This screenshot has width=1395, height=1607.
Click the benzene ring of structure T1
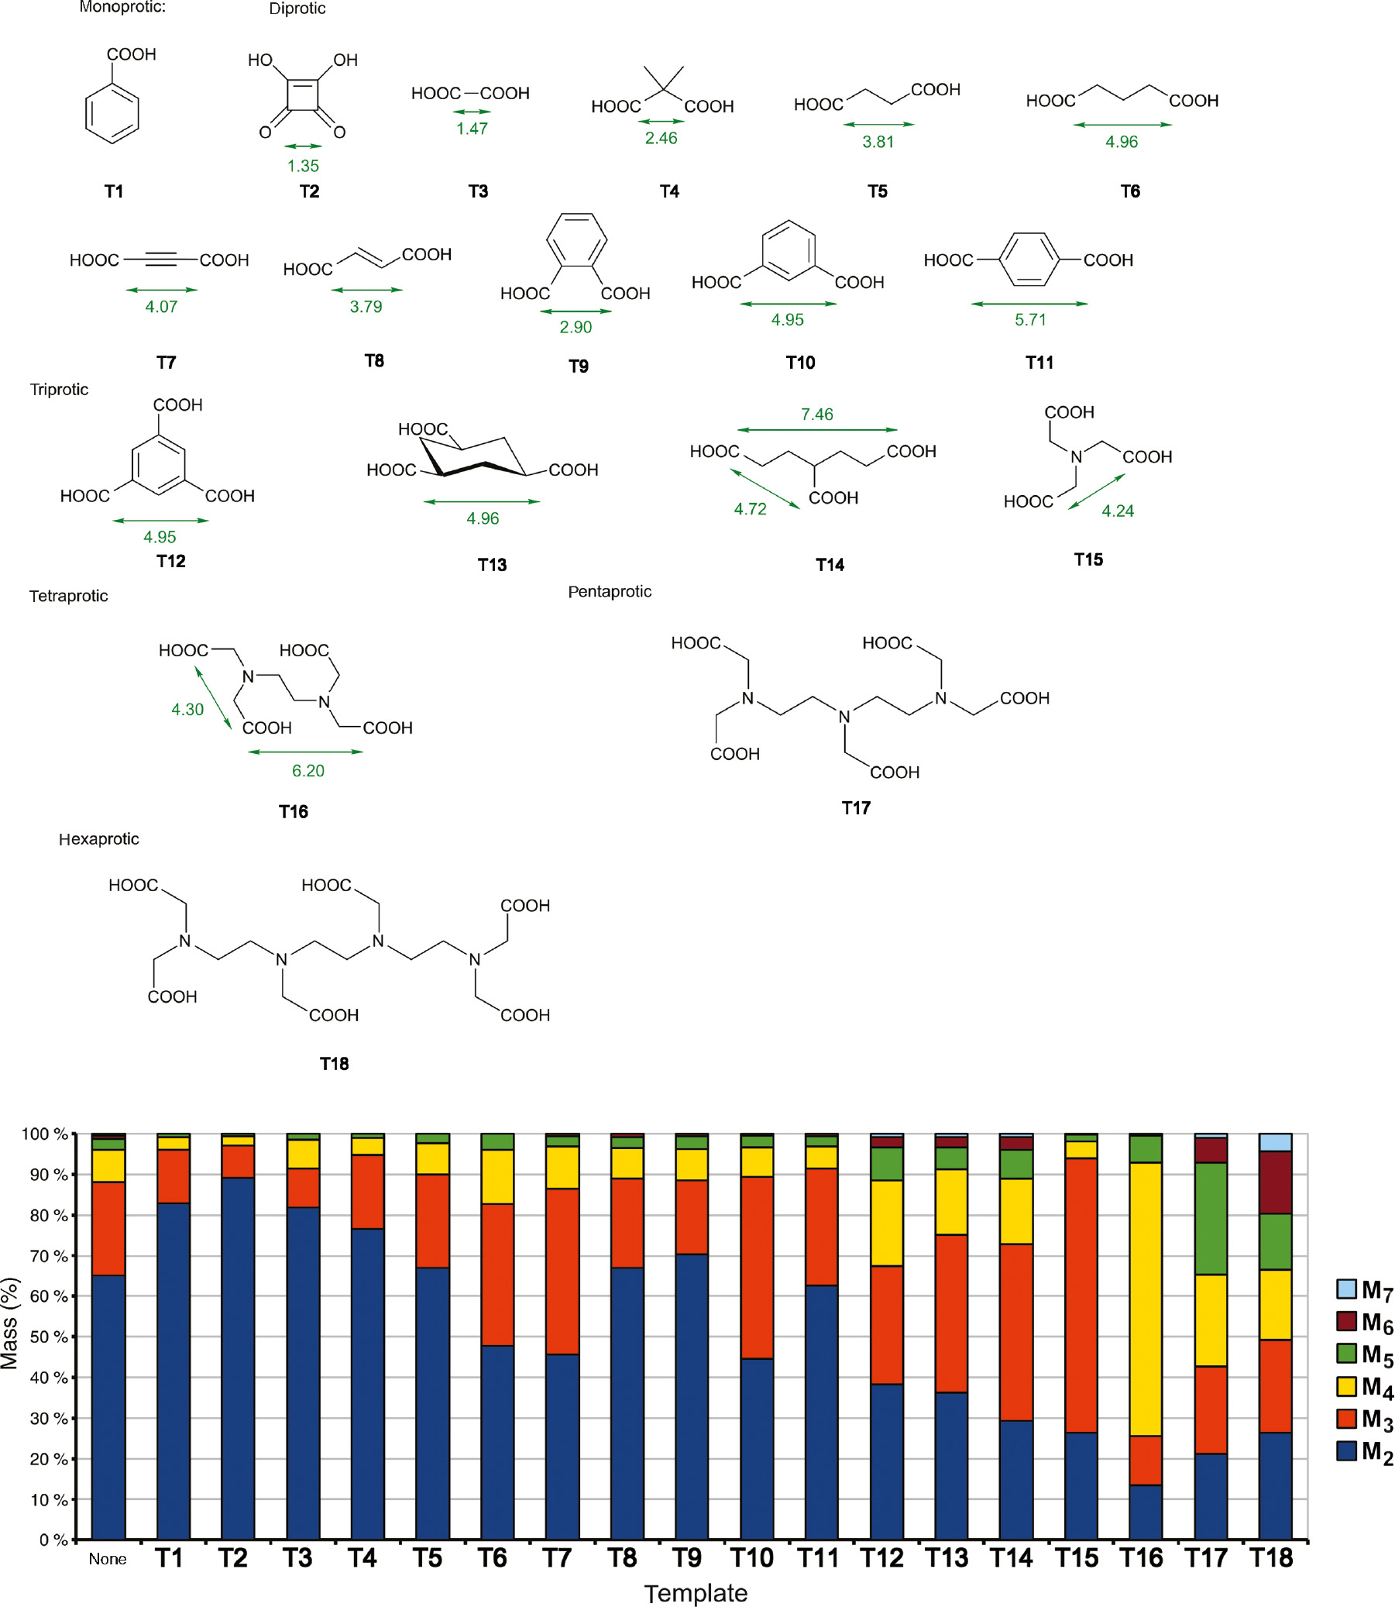[x=112, y=115]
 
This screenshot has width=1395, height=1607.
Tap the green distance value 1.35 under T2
[x=303, y=166]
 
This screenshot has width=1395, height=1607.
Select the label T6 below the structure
[x=1129, y=191]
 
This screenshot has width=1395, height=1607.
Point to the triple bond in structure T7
[x=160, y=260]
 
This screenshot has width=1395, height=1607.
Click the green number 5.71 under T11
[x=1030, y=320]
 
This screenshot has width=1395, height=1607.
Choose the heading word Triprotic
[x=59, y=389]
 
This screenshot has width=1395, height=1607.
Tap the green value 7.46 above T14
[x=816, y=415]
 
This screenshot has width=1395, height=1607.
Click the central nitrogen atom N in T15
[x=1076, y=457]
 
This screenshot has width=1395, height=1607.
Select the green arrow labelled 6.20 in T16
[x=305, y=752]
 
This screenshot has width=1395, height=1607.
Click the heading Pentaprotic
[x=610, y=592]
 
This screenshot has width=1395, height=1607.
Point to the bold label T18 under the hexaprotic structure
[x=334, y=1064]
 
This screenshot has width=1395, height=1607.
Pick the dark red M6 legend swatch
[x=1346, y=1321]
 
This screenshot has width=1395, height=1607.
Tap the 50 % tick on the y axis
[x=48, y=1337]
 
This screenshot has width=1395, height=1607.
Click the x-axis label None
[x=108, y=1559]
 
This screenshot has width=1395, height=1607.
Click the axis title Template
[x=695, y=1593]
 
